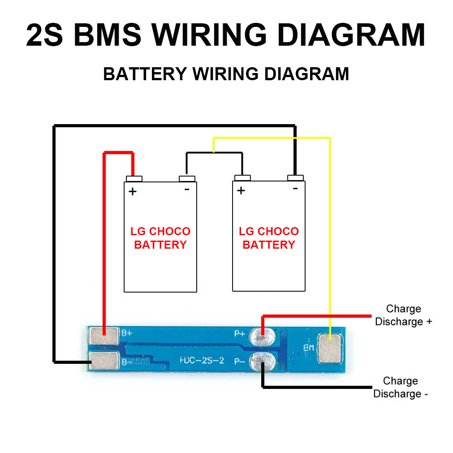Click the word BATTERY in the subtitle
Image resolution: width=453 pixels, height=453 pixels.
click(144, 73)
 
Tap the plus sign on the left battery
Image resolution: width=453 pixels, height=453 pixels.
click(132, 192)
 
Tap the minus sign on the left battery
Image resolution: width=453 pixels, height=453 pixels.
click(187, 189)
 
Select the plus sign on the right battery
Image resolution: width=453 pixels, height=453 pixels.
click(241, 190)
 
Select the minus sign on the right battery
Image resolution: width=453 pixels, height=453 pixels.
click(295, 189)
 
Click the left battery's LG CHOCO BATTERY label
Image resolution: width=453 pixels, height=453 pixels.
click(160, 238)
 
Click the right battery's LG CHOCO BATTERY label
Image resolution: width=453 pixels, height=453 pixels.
click(269, 238)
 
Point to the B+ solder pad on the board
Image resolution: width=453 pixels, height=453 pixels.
click(104, 334)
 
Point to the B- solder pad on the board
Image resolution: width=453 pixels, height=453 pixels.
click(104, 360)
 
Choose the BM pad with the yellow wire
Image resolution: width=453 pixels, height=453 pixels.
click(330, 348)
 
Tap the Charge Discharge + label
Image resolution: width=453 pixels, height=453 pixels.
click(403, 315)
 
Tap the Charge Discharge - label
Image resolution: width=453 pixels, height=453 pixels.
click(401, 387)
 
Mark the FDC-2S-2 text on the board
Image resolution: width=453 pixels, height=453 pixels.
click(202, 360)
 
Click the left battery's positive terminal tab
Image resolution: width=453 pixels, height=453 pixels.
click(134, 179)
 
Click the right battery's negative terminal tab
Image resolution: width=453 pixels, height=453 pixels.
click(295, 178)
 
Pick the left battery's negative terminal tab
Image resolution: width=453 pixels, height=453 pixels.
click(187, 179)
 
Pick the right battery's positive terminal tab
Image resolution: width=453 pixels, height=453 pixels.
click(242, 178)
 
